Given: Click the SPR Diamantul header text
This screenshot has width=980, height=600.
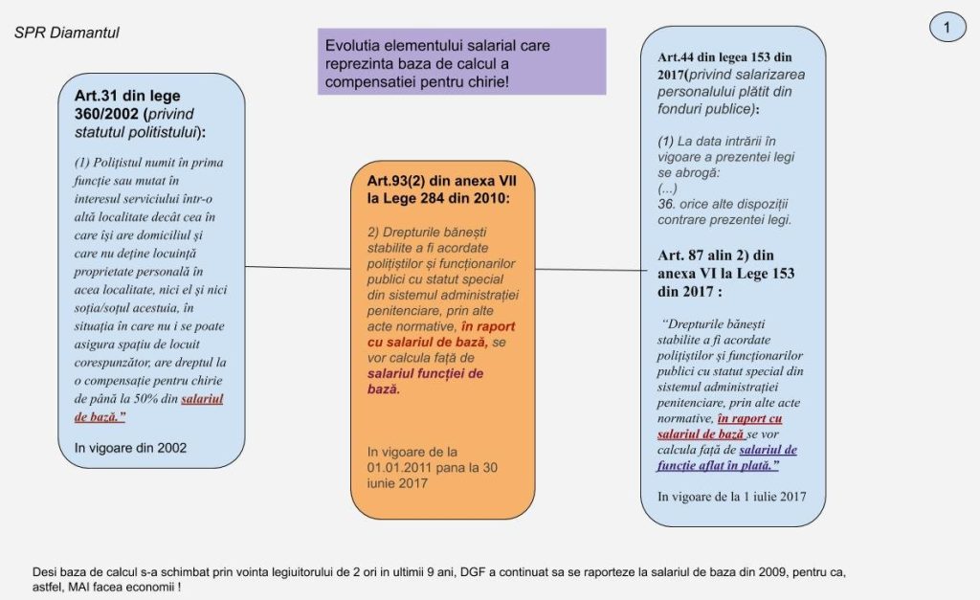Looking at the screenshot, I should point(67,33).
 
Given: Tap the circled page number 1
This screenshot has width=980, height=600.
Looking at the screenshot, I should point(947,29).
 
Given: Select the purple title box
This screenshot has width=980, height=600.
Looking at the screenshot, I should point(461,60).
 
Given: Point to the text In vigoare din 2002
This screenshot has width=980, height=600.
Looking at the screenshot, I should point(130,447).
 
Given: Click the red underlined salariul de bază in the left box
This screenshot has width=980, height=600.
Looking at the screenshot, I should point(188,408).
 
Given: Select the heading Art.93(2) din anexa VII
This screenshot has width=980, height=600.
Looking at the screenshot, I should point(439,189).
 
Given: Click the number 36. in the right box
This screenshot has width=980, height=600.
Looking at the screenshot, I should point(667,204).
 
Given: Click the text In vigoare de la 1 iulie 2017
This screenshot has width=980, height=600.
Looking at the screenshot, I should point(731,496).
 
